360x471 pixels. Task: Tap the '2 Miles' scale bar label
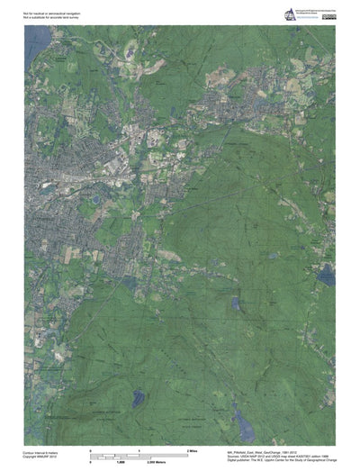click(192, 448)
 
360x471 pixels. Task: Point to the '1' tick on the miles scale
click(139, 448)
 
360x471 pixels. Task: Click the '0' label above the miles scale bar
click(90, 448)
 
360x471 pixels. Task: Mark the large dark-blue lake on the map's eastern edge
click(326, 277)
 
